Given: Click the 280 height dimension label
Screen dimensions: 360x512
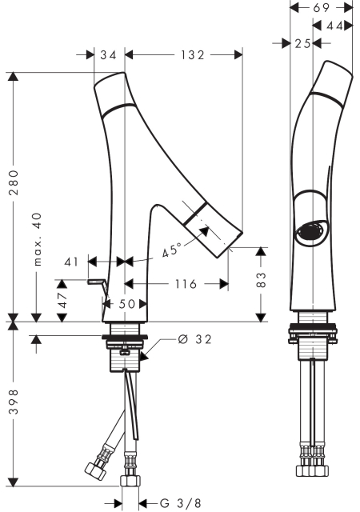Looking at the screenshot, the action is pyautogui.click(x=14, y=182).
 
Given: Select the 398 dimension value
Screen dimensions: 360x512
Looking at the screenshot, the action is pyautogui.click(x=14, y=402).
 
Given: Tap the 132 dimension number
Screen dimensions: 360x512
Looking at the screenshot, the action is pyautogui.click(x=193, y=55).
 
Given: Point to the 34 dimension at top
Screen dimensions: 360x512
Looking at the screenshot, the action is pyautogui.click(x=108, y=55).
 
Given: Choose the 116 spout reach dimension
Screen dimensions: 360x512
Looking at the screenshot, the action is pyautogui.click(x=186, y=284).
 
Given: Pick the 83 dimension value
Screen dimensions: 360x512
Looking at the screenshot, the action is pyautogui.click(x=262, y=279).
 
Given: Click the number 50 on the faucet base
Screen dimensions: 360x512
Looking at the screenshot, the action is pyautogui.click(x=126, y=304).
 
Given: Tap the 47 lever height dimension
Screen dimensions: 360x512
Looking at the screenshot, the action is pyautogui.click(x=62, y=300).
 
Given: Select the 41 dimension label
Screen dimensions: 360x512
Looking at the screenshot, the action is pyautogui.click(x=71, y=262).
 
